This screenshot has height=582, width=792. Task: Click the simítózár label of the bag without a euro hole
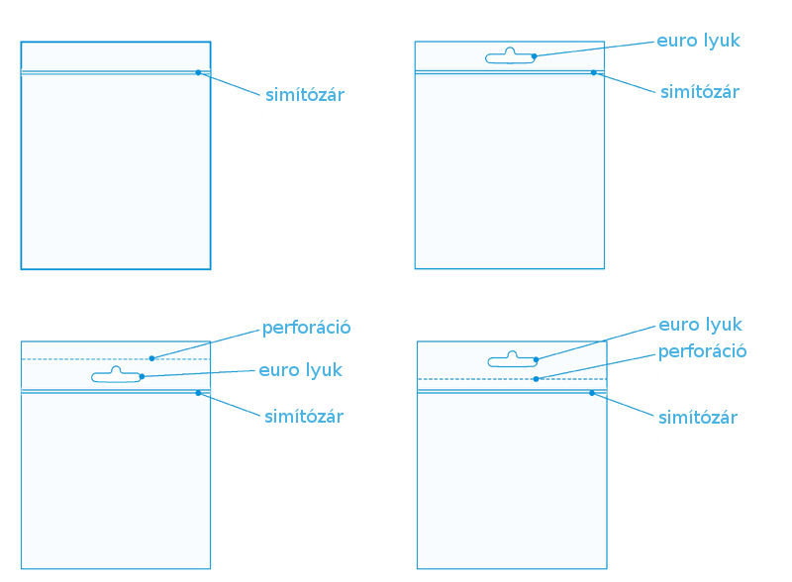[x=305, y=94]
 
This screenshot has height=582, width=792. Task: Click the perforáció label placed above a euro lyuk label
[x=306, y=328]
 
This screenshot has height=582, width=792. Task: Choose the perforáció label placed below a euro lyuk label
[x=702, y=351]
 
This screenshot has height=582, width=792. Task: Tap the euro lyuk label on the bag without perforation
[x=698, y=41]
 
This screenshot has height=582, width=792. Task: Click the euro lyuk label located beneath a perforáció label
[x=301, y=370]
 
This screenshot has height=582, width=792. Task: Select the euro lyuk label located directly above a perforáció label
[x=700, y=325]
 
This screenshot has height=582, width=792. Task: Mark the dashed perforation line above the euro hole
[x=116, y=358]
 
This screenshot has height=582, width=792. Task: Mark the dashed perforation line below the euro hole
[x=512, y=379]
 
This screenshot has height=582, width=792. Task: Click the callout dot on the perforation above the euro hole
[x=152, y=358]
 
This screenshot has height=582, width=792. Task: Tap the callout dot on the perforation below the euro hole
[x=536, y=379]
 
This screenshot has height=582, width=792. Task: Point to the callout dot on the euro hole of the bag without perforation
[x=534, y=56]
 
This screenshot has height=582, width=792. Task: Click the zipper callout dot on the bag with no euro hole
[x=199, y=73]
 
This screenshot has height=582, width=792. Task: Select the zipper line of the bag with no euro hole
[x=116, y=73]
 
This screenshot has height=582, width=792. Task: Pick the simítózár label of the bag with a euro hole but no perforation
[x=700, y=92]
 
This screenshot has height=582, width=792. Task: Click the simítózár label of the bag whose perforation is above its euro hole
[x=304, y=417]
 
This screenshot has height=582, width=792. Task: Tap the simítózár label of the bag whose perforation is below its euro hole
[x=698, y=418]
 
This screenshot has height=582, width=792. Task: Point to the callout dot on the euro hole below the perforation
[x=142, y=376]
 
